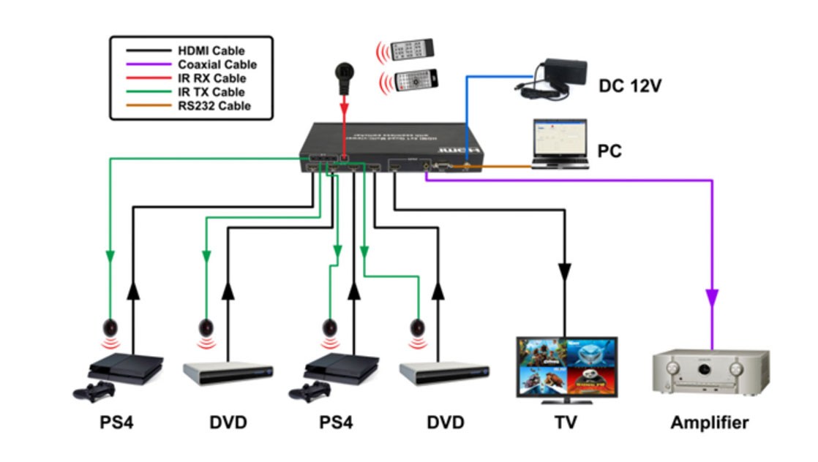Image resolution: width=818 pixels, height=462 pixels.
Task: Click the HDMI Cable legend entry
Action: click(211, 50)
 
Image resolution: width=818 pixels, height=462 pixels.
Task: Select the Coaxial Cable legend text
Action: click(217, 64)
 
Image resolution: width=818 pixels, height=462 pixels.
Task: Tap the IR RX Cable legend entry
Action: click(211, 78)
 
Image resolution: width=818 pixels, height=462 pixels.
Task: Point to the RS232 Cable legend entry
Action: click(214, 106)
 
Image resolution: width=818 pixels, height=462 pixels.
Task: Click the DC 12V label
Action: click(630, 86)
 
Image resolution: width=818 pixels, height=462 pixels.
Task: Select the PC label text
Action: click(609, 151)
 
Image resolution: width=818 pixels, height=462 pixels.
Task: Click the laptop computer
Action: click(559, 145)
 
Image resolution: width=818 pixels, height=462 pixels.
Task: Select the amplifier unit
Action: click(710, 372)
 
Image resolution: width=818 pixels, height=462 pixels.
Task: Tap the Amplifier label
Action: click(709, 423)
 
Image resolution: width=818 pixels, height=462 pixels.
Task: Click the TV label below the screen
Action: click(566, 423)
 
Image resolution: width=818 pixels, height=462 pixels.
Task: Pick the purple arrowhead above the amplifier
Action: click(711, 297)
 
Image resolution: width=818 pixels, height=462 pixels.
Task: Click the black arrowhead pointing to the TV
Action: click(565, 271)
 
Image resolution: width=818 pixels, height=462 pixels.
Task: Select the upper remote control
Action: click(413, 50)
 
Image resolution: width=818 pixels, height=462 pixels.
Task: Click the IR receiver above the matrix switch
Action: click(344, 74)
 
